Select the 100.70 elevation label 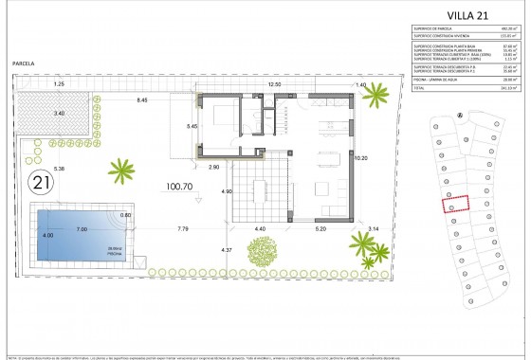(x=181, y=186)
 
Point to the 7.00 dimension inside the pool (x=82, y=229)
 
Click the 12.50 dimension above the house (x=275, y=84)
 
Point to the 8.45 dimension (x=141, y=99)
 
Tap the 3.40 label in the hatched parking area (x=59, y=113)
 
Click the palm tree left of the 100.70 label (x=121, y=171)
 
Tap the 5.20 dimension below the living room (x=320, y=229)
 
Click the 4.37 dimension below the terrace (x=226, y=249)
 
